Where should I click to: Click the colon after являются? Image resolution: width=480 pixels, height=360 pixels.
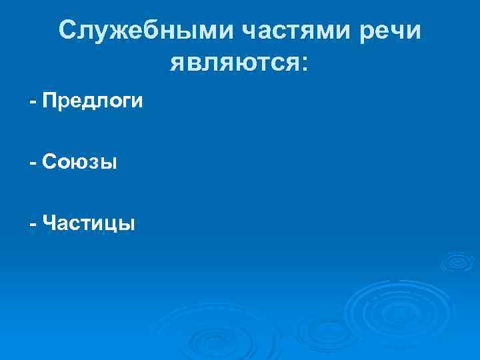coord(305,64)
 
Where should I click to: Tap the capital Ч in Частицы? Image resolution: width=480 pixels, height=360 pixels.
coord(47,222)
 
